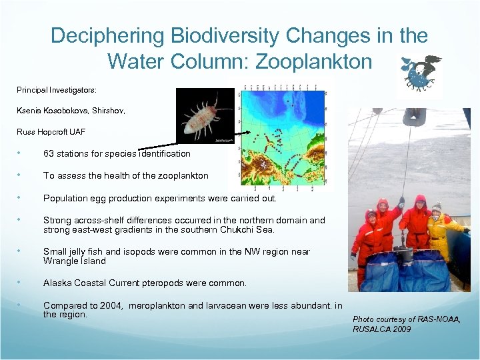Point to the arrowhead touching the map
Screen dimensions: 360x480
247,133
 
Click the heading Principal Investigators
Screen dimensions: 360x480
57,89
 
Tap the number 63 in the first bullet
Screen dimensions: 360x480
49,153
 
